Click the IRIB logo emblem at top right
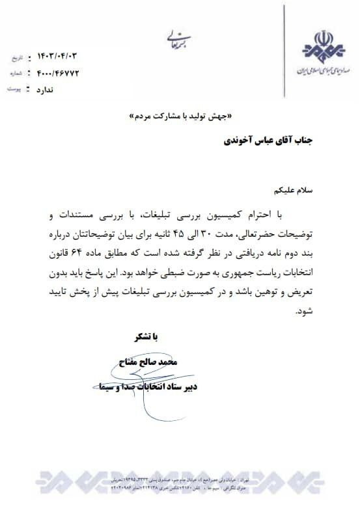[x=322, y=46]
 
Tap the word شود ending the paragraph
[x=305, y=312]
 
